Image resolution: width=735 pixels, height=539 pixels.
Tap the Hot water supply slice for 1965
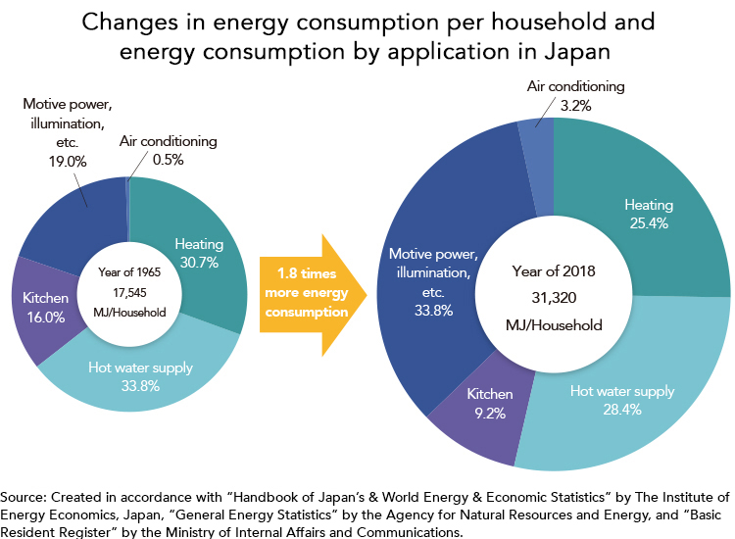(140, 375)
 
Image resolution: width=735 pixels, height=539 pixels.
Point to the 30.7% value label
(199, 262)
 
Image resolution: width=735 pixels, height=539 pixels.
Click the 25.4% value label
(649, 222)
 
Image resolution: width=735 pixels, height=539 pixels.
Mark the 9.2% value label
(490, 413)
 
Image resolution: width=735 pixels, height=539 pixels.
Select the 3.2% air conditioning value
(575, 106)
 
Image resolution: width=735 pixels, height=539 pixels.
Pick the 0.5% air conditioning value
(168, 160)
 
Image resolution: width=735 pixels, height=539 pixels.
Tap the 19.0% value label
(68, 162)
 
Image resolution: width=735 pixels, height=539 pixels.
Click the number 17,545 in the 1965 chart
(129, 293)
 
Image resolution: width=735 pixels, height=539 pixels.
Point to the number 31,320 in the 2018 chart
(554, 298)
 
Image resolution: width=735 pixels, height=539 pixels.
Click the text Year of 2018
(554, 270)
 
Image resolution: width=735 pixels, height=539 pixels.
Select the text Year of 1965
(129, 272)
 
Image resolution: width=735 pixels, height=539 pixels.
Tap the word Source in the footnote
(23, 497)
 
